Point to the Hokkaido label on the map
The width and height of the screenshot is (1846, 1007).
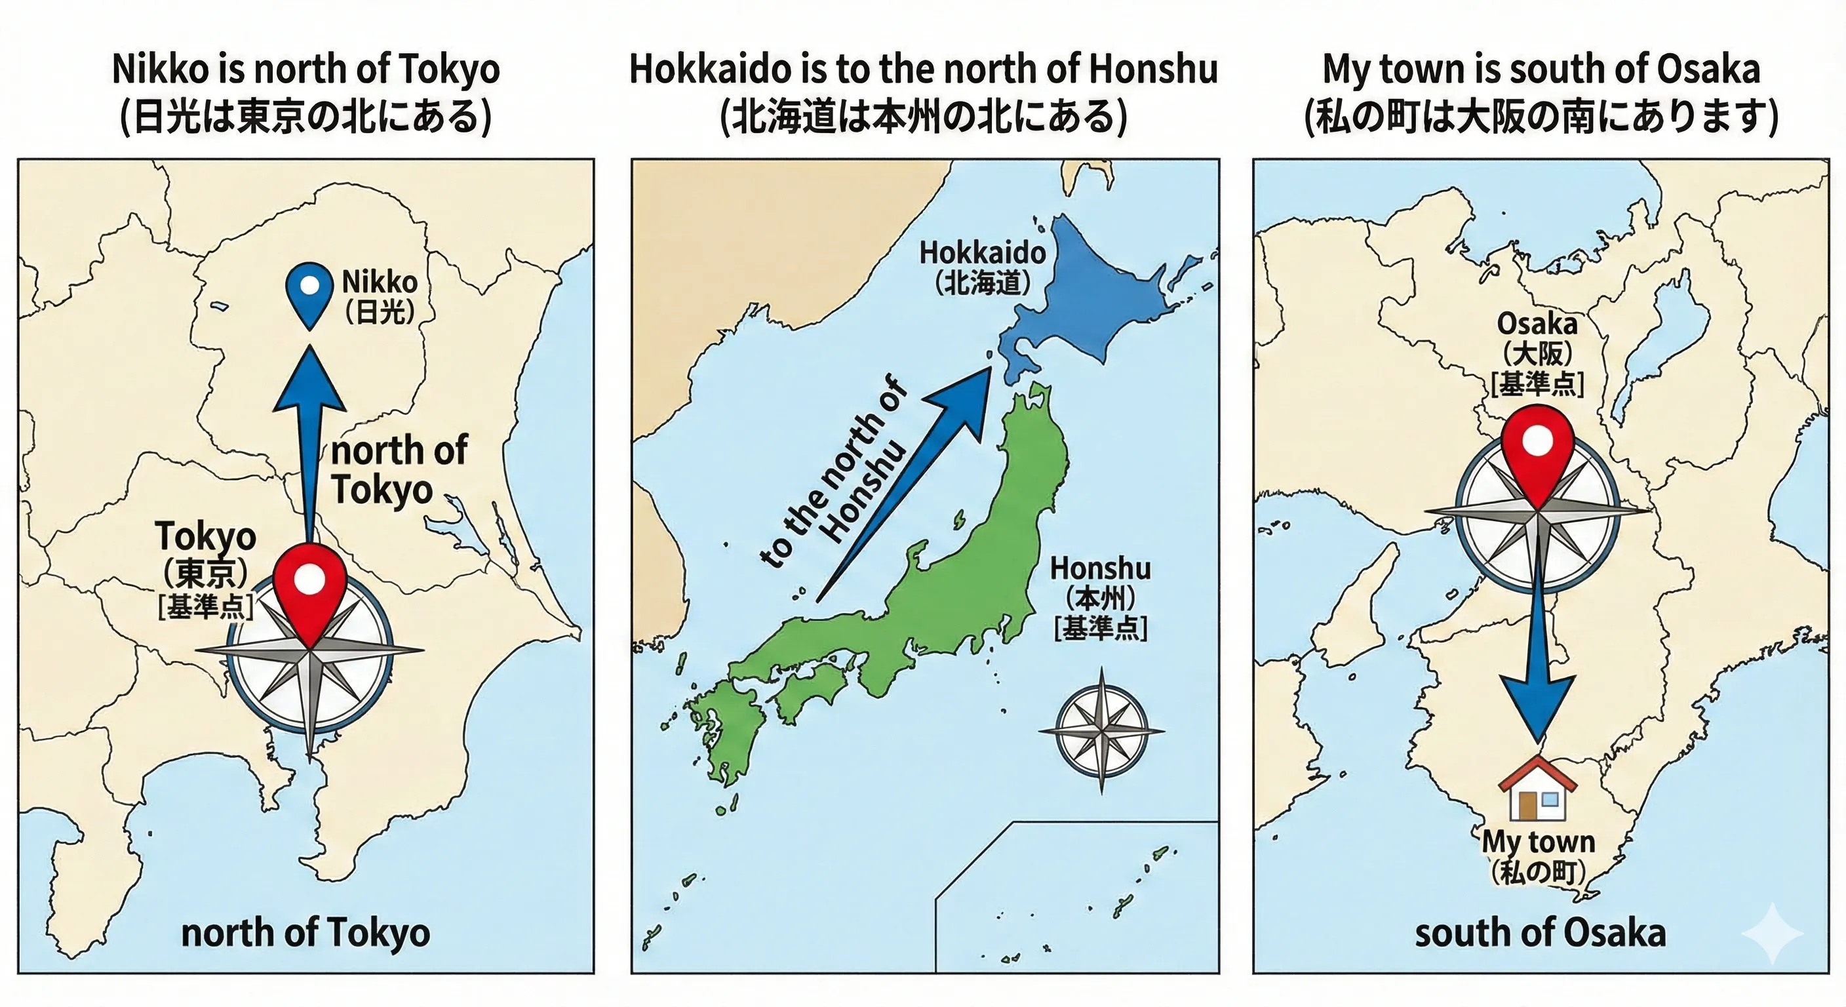coord(983,253)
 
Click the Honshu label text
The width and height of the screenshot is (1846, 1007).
coord(1100,569)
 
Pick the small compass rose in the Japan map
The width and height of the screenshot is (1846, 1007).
coord(1101,731)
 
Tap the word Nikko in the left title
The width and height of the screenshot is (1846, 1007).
coord(151,70)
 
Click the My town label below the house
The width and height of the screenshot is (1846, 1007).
coord(1538,842)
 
